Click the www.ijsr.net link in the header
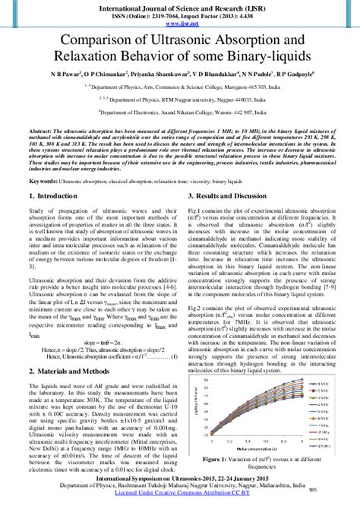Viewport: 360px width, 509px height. [x=180, y=22]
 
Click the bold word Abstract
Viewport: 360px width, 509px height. [x=39, y=131]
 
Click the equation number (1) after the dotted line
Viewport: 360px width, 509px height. [x=174, y=356]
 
